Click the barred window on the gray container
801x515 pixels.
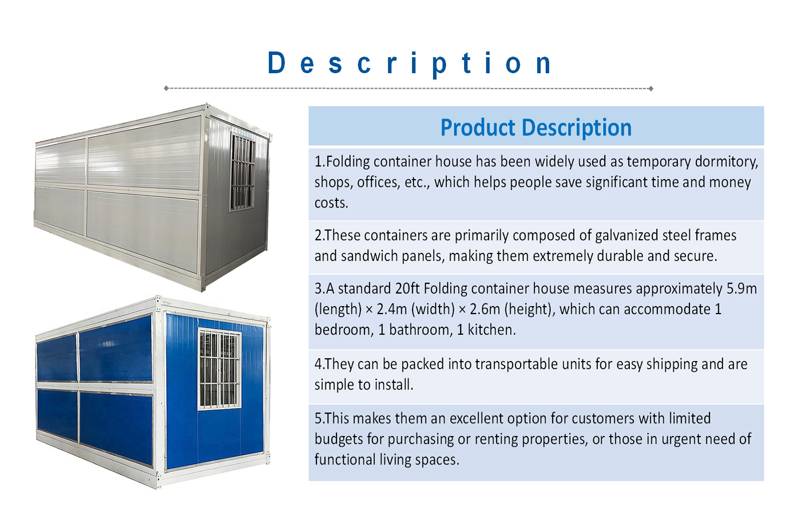click(242, 172)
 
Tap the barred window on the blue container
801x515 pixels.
click(220, 369)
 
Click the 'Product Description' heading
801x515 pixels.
click(536, 128)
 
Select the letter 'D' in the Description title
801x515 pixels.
click(276, 62)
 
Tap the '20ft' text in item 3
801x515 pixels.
click(407, 288)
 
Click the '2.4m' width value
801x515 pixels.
click(392, 309)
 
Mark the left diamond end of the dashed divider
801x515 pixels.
click(166, 88)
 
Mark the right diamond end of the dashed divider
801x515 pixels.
click(651, 88)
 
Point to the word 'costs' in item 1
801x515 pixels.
click(331, 203)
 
